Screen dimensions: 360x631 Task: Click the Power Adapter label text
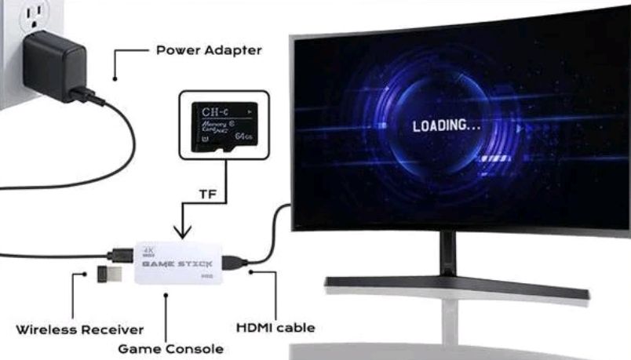(208, 50)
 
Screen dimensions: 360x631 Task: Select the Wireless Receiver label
(80, 329)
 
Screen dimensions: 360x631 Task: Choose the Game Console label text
(170, 347)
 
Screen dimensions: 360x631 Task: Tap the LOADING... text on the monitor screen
(447, 125)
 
